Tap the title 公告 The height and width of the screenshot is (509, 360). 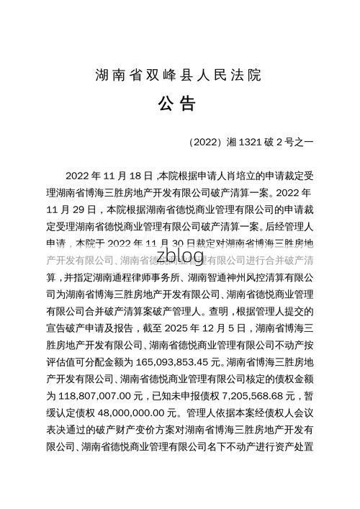[x=177, y=106]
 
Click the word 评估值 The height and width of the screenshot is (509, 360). [x=61, y=361]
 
